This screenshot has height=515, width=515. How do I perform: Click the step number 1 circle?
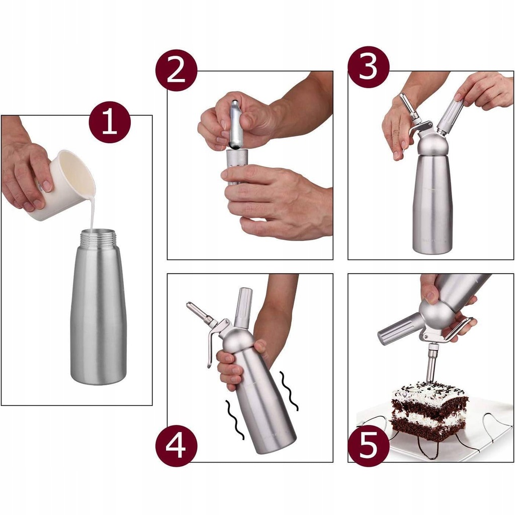[110, 122]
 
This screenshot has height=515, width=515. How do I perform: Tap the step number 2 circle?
[177, 70]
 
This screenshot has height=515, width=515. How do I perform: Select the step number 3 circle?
[369, 67]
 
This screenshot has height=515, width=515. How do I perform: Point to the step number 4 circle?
[177, 446]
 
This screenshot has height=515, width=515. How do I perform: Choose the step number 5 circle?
[369, 446]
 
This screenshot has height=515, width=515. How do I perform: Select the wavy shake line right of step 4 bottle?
[289, 391]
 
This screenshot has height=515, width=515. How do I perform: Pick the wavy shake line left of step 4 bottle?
[234, 420]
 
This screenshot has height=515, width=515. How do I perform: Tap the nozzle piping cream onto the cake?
[432, 363]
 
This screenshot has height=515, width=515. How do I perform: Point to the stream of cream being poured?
[93, 210]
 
